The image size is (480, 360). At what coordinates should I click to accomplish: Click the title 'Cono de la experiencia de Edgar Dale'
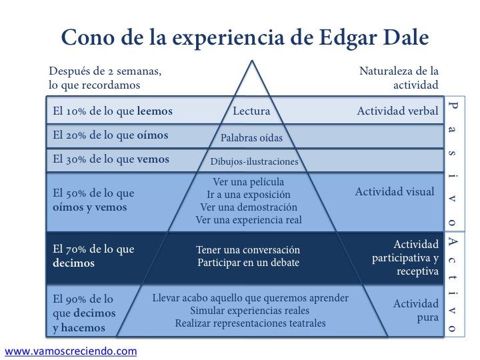pos(245,37)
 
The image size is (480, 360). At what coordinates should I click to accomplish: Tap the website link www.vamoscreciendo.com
pos(71,351)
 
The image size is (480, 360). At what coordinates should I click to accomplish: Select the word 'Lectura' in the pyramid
pos(251,111)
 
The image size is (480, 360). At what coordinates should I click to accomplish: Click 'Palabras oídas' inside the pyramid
pos(251,138)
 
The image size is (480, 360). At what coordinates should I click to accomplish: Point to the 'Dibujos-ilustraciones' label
pos(254,161)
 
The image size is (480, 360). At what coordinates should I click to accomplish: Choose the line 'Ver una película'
pos(248,182)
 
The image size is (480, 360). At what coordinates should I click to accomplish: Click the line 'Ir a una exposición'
pos(249,195)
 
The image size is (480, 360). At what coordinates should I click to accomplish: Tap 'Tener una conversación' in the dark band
pos(248,250)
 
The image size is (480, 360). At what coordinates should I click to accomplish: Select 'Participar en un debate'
pos(248,263)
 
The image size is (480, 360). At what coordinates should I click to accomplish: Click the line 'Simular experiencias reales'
pos(251,311)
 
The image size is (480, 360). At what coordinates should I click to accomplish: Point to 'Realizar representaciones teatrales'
pos(251,323)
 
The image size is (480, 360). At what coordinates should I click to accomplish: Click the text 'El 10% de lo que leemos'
pos(113,111)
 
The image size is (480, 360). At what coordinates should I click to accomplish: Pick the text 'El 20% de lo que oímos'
pos(111,135)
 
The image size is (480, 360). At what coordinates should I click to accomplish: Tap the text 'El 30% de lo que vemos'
pos(111,159)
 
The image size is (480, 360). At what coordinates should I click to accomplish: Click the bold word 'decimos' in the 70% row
pos(73,263)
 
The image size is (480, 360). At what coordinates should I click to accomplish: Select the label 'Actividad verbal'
pos(397,111)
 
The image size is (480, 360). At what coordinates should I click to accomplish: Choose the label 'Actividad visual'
pos(395,192)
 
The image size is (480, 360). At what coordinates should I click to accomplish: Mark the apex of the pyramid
pos(251,61)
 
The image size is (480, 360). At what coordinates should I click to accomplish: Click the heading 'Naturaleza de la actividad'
pos(399,77)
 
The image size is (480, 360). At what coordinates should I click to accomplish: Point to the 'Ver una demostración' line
pos(248,207)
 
